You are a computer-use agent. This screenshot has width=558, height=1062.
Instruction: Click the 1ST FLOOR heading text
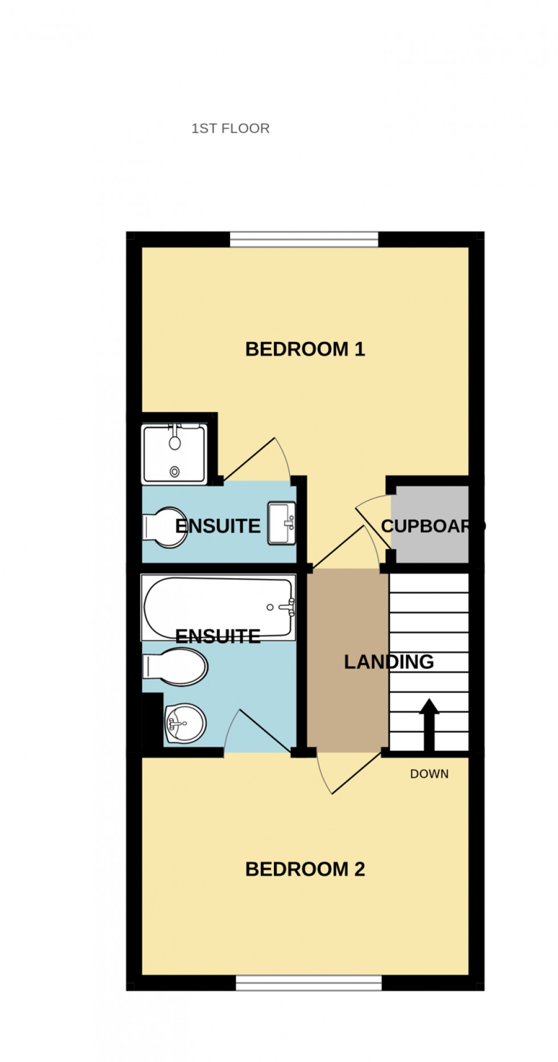pyautogui.click(x=230, y=128)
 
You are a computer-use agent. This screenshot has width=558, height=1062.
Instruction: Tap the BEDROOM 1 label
pyautogui.click(x=305, y=349)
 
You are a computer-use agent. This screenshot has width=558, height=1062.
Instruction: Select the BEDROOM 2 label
pyautogui.click(x=305, y=869)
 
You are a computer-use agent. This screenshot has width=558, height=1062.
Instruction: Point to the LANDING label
pyautogui.click(x=388, y=661)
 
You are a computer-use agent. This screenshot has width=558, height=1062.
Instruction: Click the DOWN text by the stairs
pyautogui.click(x=429, y=774)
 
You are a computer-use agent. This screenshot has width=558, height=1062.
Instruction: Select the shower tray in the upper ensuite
pyautogui.click(x=174, y=454)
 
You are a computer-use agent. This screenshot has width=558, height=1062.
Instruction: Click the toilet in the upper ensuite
pyautogui.click(x=165, y=527)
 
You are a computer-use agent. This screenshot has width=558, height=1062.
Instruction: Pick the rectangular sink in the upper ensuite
pyautogui.click(x=282, y=523)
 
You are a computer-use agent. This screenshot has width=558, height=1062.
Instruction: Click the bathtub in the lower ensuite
pyautogui.click(x=219, y=606)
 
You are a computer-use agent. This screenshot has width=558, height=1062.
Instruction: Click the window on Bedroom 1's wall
pyautogui.click(x=304, y=239)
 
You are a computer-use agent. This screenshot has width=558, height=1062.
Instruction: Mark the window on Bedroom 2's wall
pyautogui.click(x=309, y=982)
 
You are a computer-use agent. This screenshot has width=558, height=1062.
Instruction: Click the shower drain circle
pyautogui.click(x=174, y=471)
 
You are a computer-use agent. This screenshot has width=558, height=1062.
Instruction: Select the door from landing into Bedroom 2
pyautogui.click(x=347, y=773)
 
